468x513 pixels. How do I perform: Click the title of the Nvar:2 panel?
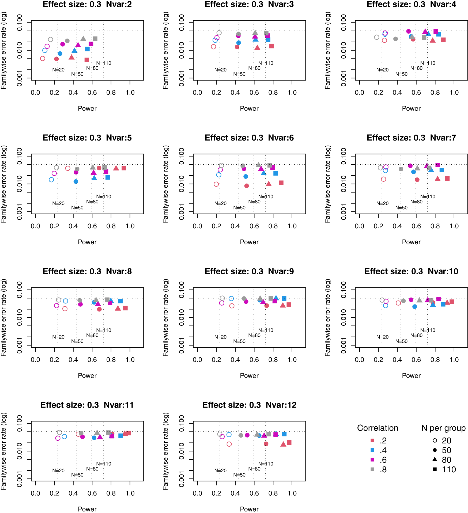[87, 4]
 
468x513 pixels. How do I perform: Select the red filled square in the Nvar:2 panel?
[87, 60]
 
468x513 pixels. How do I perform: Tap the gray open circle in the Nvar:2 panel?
[50, 40]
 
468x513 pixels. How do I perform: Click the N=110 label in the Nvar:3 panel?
[266, 63]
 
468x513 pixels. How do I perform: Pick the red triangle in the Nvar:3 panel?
[257, 48]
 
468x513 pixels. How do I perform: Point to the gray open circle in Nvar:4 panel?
[377, 37]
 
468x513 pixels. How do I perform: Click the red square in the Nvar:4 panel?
[443, 40]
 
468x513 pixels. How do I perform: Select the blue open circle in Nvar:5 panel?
[51, 180]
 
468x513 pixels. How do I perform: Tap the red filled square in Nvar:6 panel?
[281, 183]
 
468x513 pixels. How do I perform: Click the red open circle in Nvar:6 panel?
[216, 184]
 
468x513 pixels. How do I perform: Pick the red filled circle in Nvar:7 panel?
[417, 180]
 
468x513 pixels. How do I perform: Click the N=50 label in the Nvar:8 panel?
[77, 341]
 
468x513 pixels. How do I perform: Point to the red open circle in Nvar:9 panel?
[232, 306]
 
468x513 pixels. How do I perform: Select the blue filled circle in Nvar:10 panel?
[414, 307]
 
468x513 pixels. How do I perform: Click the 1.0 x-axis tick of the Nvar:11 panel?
[130, 493]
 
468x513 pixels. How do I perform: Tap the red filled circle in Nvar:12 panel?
[266, 444]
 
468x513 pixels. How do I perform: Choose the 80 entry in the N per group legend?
[442, 460]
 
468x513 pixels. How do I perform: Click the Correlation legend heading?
[378, 428]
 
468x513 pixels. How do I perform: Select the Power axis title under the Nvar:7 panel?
[411, 242]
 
